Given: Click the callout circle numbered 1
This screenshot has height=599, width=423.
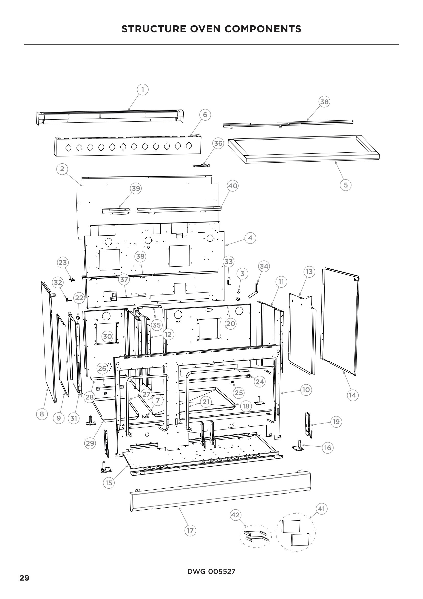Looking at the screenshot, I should pos(142,89).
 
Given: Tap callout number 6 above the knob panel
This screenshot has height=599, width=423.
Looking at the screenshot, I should pos(205,115).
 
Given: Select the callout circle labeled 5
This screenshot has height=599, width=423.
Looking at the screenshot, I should pos(346,185).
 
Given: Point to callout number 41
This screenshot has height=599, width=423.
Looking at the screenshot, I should pos(321,509).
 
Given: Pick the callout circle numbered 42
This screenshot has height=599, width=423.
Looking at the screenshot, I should pos(235,515).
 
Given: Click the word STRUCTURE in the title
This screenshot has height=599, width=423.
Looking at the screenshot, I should pos(154,29).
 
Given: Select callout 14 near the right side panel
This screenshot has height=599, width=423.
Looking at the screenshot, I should pos(352,395).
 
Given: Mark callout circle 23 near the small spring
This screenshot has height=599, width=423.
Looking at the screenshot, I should pos(62,262).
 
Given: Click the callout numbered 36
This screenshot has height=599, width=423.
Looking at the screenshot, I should pos(218,143).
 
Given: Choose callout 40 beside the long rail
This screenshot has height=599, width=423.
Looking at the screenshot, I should pos(232,186).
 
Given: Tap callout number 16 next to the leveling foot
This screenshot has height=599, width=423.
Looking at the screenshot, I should pos(327,448).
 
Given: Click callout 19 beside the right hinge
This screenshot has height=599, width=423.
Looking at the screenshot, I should pos(336,422).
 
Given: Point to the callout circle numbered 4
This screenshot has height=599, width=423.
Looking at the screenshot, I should pos(250,238).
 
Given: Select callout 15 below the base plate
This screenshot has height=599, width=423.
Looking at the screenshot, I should pos(109,483).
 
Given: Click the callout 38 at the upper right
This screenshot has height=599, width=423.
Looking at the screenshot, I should pos(324,102).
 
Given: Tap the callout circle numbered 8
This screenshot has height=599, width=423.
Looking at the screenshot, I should pos(42,414).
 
